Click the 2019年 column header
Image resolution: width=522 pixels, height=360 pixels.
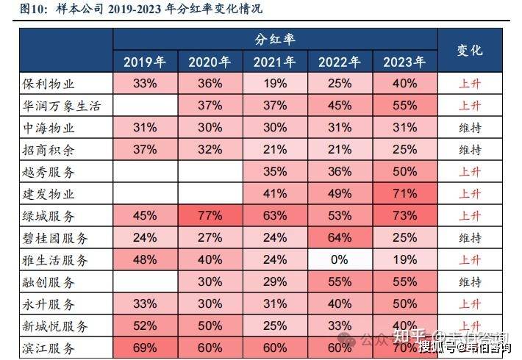click(x=146, y=62)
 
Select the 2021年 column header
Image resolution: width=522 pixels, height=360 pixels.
click(x=275, y=62)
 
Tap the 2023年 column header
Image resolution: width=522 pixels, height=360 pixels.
click(x=404, y=62)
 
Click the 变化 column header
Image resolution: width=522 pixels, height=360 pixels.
click(x=470, y=50)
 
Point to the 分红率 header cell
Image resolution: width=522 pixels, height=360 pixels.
click(x=275, y=40)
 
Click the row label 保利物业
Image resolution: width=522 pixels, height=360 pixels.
click(x=50, y=84)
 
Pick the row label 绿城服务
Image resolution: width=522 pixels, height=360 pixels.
click(x=50, y=216)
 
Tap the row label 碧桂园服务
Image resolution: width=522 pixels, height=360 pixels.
click(x=55, y=238)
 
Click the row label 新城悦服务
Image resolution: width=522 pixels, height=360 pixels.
click(x=55, y=326)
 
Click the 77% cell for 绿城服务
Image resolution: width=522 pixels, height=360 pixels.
click(x=210, y=216)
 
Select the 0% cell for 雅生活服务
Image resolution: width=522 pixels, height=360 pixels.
click(x=340, y=260)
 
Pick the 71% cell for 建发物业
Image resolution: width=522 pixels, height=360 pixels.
click(x=404, y=194)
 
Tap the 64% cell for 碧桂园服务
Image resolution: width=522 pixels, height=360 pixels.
click(x=340, y=238)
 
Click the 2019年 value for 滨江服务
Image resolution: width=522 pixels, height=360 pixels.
click(x=146, y=348)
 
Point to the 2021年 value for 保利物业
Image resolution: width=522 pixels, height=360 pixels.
click(x=275, y=84)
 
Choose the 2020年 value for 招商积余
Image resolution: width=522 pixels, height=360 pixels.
click(x=210, y=150)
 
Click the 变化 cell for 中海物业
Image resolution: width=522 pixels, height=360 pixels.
click(x=470, y=128)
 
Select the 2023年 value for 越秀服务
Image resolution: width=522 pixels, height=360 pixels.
click(x=404, y=172)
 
